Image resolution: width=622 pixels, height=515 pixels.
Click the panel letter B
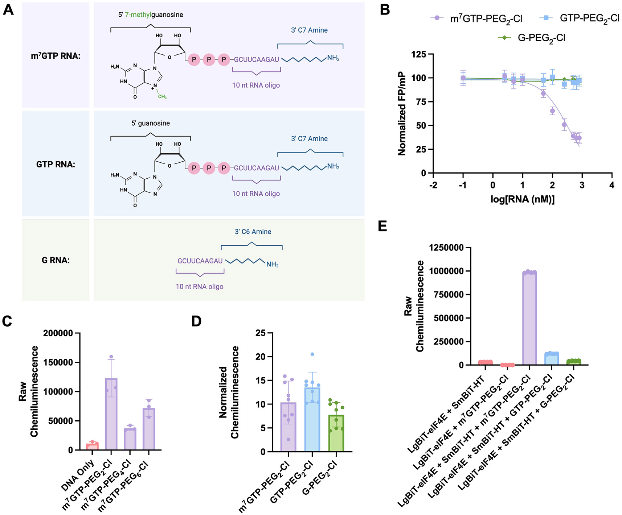[385, 10]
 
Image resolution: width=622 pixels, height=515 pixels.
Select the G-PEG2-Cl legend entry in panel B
[541, 38]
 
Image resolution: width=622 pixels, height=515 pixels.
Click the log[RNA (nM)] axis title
[522, 199]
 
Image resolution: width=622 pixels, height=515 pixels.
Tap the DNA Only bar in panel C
[92, 447]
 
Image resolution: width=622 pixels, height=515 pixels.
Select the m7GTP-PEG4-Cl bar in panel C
[130, 439]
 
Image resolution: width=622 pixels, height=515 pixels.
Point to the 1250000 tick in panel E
[446, 248]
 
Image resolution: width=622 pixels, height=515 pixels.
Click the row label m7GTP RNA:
[56, 56]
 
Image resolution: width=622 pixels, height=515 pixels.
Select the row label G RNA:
[56, 260]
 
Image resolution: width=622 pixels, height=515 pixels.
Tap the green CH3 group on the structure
[162, 97]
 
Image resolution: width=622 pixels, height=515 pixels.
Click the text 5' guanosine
[150, 123]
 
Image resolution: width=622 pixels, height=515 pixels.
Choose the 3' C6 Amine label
[253, 232]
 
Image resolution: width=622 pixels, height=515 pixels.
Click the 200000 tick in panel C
[58, 333]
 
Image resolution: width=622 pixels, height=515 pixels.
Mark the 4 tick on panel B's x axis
[611, 185]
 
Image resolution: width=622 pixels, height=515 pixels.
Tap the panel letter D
[196, 321]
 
